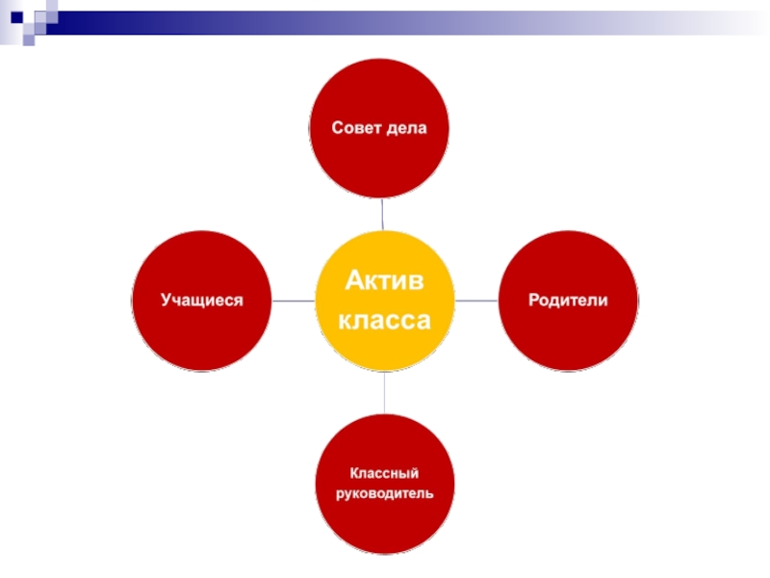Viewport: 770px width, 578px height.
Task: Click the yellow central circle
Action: pyautogui.click(x=384, y=337)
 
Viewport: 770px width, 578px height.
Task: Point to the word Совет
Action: pyautogui.click(x=356, y=128)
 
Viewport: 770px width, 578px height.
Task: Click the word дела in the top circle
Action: pyautogui.click(x=404, y=128)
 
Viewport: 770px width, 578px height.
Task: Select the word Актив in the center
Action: pyautogui.click(x=384, y=281)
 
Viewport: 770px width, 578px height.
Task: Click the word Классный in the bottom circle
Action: pyautogui.click(x=384, y=473)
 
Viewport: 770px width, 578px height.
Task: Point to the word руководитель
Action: pyautogui.click(x=384, y=494)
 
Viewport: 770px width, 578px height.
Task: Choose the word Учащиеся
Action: pyautogui.click(x=201, y=300)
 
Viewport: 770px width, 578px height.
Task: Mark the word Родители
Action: pyautogui.click(x=568, y=300)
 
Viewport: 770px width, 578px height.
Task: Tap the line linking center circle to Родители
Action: pyautogui.click(x=475, y=301)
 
